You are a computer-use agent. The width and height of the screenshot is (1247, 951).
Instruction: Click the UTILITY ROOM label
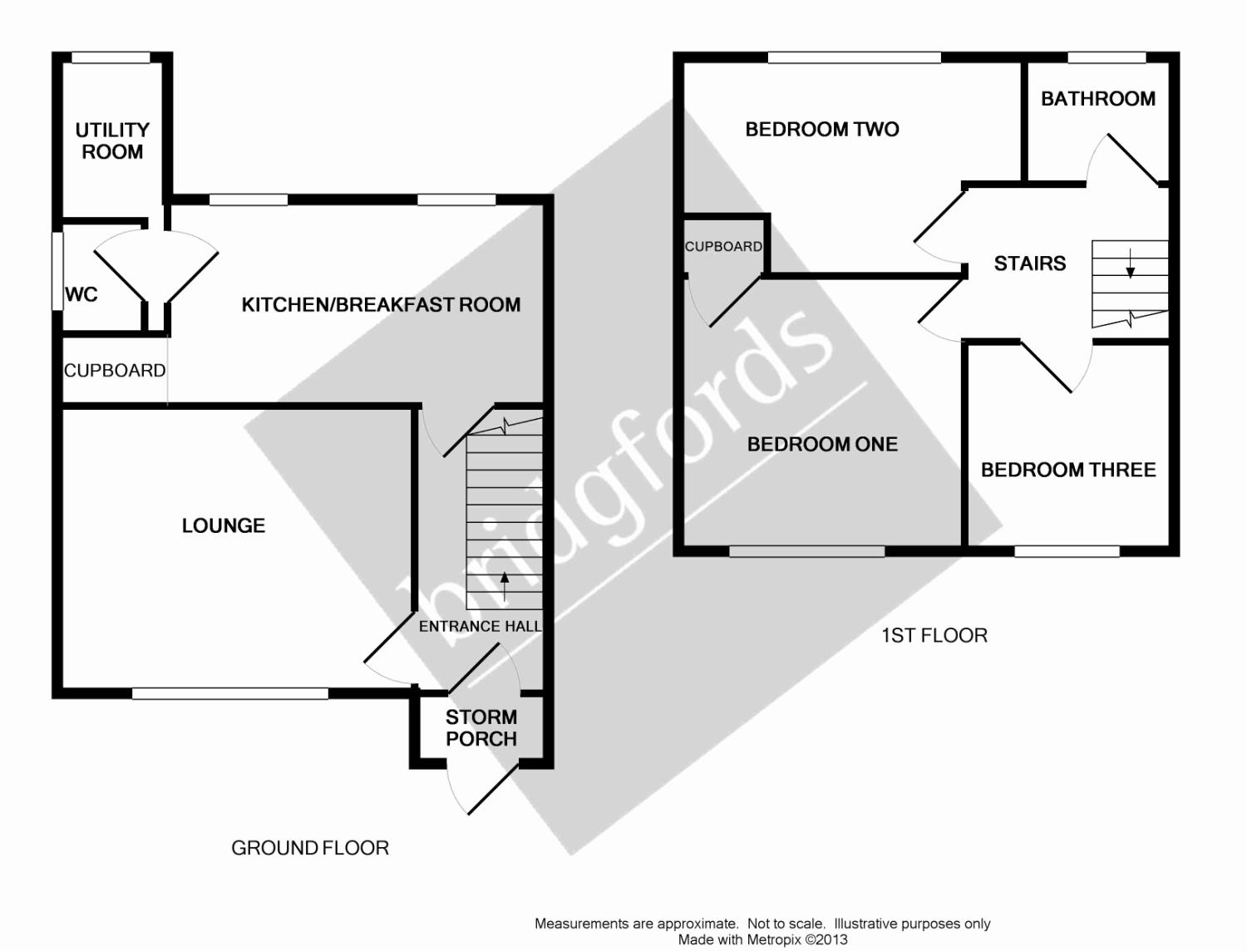click(112, 140)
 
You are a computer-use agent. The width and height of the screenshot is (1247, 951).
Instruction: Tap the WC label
click(81, 294)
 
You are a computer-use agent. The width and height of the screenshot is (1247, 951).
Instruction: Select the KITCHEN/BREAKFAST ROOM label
click(381, 305)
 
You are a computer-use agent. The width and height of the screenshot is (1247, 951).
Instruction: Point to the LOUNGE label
click(224, 525)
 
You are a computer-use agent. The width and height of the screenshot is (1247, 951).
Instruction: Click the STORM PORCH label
click(481, 727)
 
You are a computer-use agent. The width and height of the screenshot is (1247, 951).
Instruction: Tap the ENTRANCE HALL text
click(480, 626)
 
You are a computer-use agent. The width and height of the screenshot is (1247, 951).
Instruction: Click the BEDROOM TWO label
click(821, 129)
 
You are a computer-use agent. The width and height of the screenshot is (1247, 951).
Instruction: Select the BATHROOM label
click(1098, 99)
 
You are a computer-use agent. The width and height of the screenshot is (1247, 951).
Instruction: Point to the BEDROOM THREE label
click(1068, 470)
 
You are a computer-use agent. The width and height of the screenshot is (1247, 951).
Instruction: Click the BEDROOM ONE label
click(822, 444)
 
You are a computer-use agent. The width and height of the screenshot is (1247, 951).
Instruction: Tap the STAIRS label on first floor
click(1030, 264)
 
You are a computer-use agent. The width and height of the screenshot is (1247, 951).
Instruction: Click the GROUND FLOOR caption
click(310, 848)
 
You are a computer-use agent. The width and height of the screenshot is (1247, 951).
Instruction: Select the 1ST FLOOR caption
click(934, 636)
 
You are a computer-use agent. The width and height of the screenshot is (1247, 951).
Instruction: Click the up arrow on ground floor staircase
click(505, 586)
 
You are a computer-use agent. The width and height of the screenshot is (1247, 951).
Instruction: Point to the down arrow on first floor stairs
click(1131, 263)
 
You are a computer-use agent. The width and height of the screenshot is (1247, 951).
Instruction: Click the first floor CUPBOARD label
click(723, 247)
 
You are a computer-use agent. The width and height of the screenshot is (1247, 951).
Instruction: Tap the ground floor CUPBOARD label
click(115, 371)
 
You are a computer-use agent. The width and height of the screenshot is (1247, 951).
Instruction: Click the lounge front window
click(230, 692)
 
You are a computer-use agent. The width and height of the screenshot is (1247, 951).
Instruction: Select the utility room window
click(111, 58)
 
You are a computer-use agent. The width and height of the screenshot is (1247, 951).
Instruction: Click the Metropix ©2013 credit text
click(762, 939)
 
